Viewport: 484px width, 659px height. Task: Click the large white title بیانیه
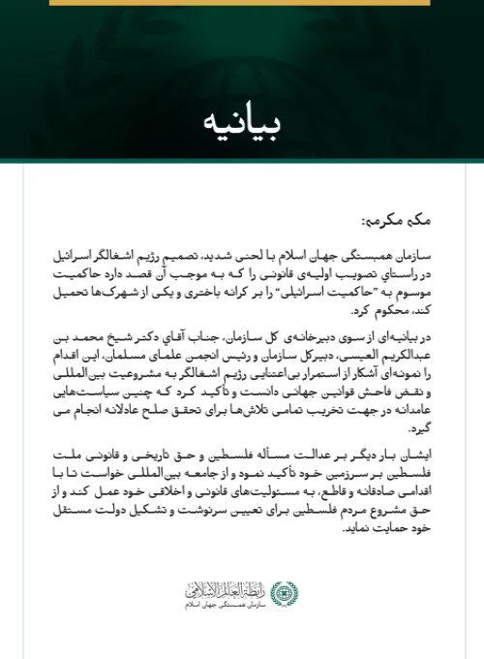click(x=242, y=122)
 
